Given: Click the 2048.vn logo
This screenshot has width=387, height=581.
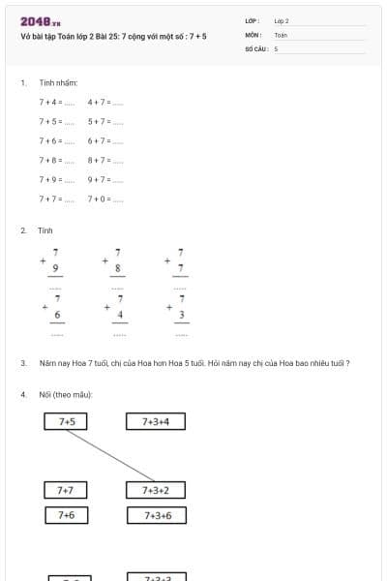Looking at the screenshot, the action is click(40, 21).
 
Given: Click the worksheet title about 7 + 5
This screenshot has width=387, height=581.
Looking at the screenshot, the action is click(113, 36).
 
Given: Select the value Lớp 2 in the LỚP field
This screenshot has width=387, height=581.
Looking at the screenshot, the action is click(282, 20).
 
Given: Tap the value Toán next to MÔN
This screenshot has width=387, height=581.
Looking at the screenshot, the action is click(281, 34).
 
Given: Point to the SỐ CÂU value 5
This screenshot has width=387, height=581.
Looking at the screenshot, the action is click(276, 47).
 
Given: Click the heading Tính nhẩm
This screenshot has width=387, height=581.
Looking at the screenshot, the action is click(58, 82).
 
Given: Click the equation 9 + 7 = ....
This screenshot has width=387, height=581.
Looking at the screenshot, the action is click(104, 179).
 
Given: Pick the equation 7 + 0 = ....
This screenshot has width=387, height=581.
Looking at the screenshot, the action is click(104, 199).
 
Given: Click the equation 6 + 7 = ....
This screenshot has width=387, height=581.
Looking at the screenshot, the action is click(104, 140).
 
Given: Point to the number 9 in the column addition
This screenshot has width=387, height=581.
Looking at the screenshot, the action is click(56, 268).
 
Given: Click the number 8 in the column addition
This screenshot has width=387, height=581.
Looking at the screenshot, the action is click(118, 268).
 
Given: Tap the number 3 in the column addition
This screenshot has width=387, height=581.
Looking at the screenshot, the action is click(182, 316).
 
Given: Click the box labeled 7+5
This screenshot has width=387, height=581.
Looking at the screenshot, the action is click(67, 421).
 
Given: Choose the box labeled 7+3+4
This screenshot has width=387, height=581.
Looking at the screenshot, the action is click(156, 421).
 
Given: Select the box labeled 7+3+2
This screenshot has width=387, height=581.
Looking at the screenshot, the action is click(156, 490).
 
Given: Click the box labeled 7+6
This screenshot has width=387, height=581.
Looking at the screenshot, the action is click(67, 515).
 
